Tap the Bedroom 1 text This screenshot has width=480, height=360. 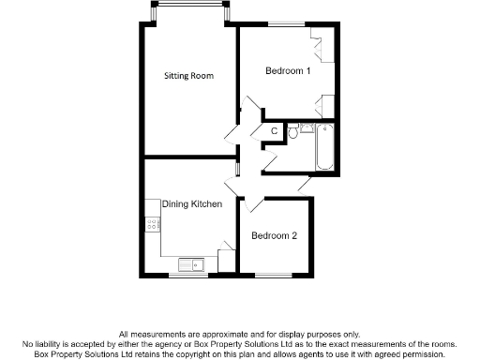tap(288, 71)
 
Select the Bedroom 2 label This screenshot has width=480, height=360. tap(274, 235)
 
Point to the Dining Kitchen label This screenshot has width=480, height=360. tap(191, 204)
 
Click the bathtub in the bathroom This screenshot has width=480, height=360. tap(324, 147)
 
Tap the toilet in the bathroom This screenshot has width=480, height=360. tap(293, 133)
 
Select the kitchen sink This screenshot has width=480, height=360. tap(191, 264)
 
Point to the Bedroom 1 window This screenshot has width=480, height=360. tap(287, 23)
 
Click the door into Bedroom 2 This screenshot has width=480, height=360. tap(251, 205)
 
